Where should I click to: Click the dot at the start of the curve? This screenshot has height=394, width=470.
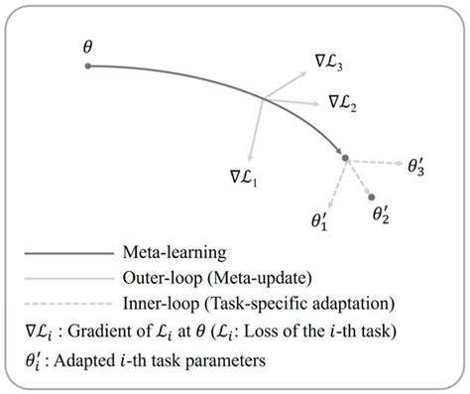point(89,66)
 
